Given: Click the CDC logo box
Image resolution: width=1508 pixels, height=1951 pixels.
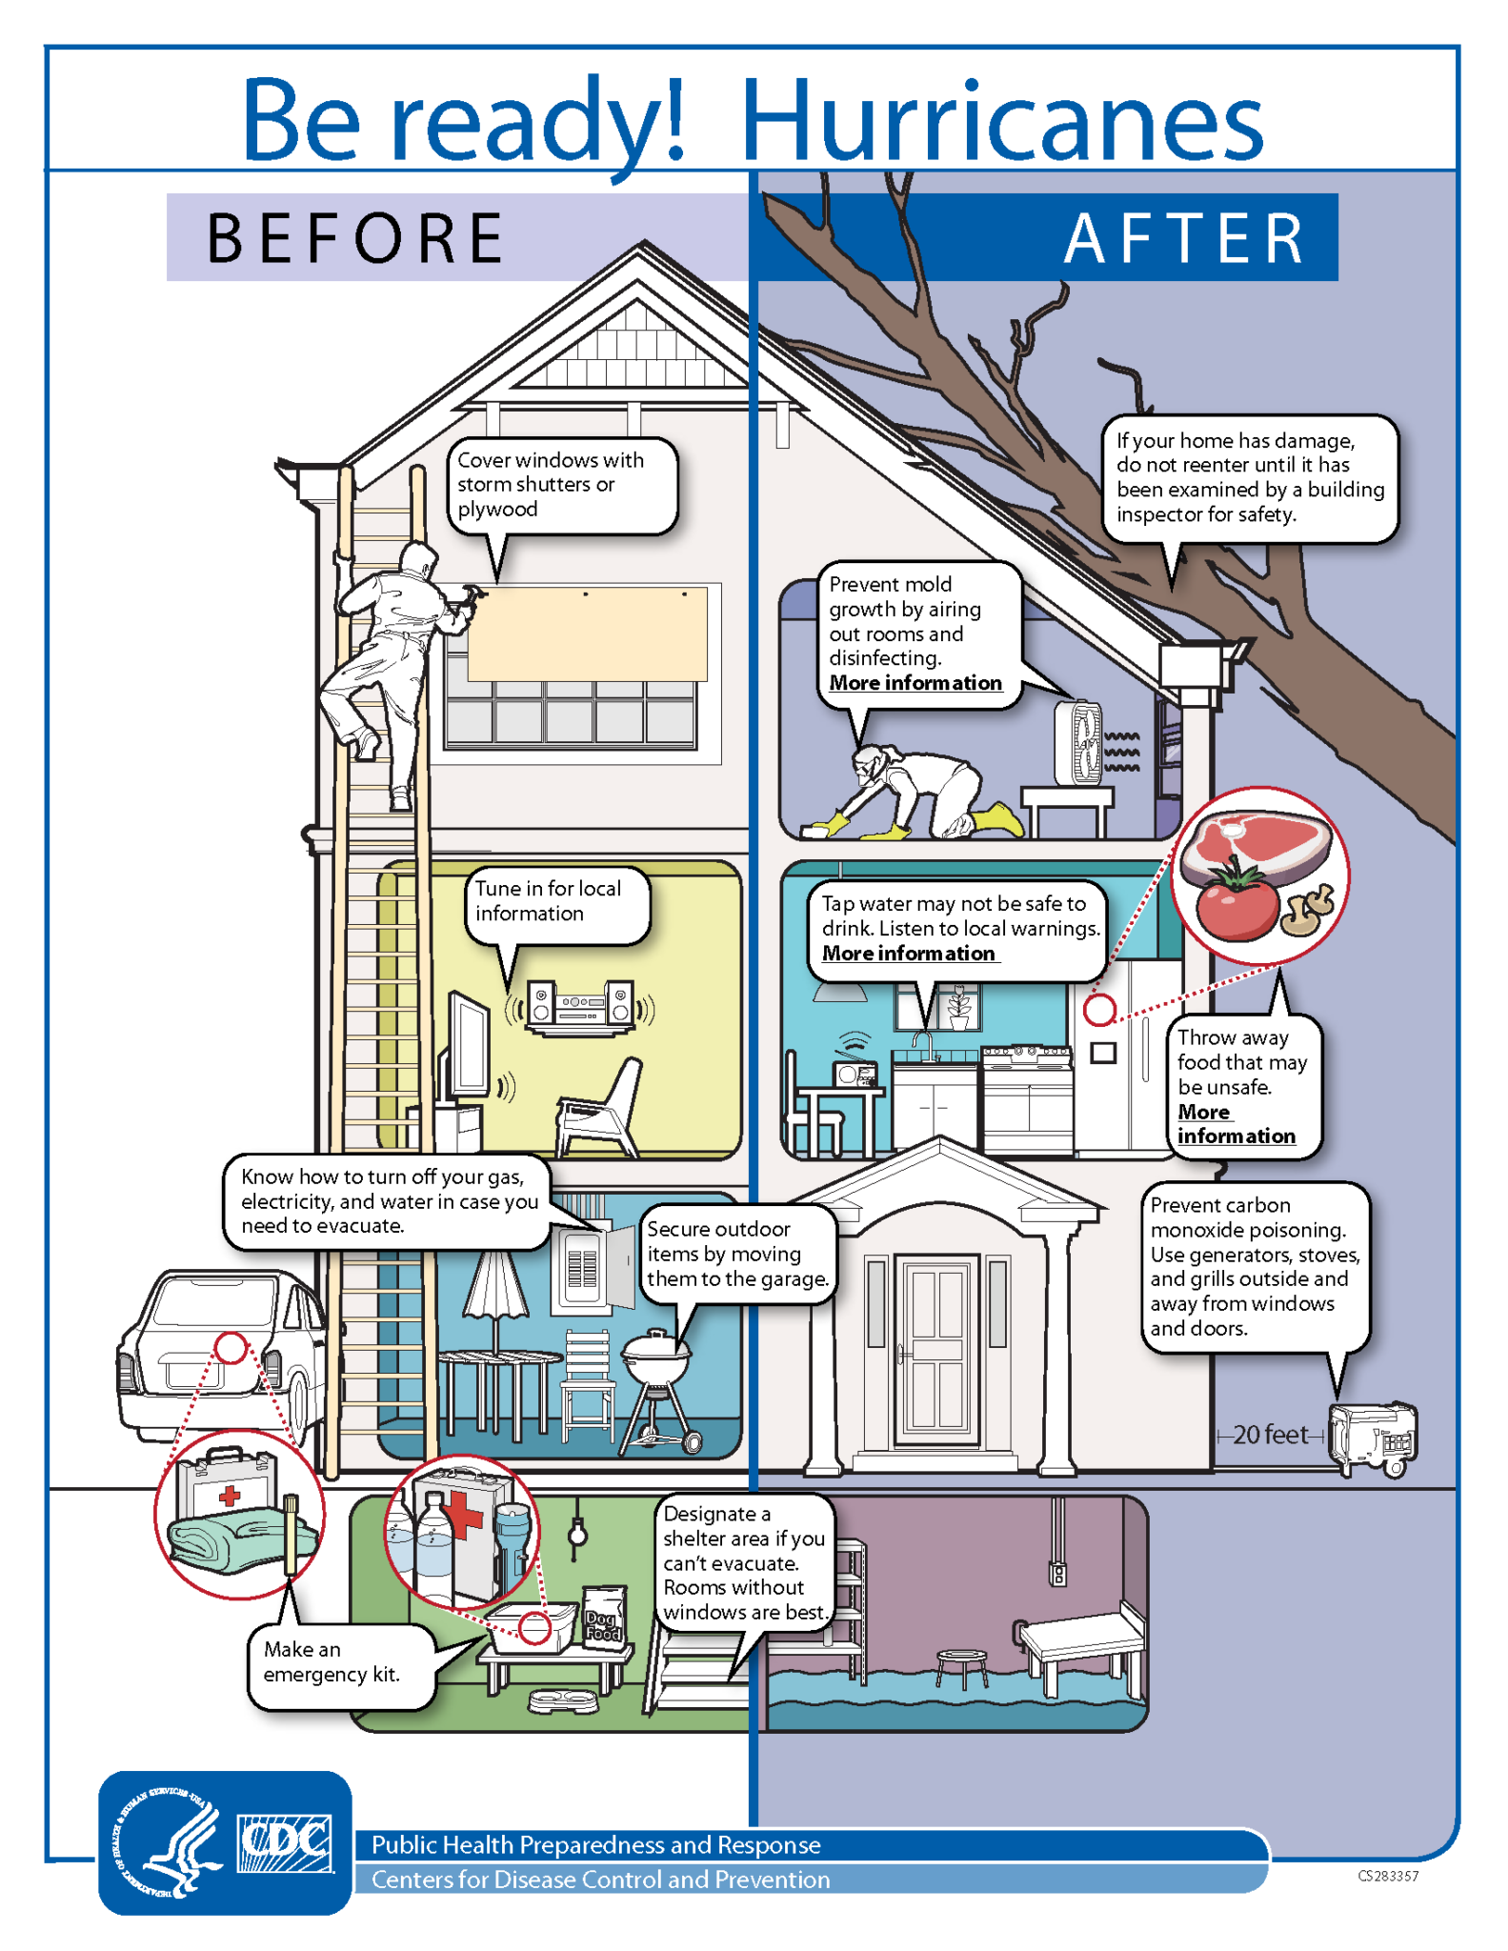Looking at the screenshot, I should (286, 1844).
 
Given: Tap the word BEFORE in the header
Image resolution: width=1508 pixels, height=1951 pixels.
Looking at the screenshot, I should (355, 238).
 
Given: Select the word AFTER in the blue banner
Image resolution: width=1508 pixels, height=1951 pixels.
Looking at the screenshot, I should (1184, 238).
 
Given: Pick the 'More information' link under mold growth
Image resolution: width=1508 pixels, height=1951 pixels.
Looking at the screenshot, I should (915, 683).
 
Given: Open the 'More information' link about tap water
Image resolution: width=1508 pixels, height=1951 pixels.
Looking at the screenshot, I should (908, 954).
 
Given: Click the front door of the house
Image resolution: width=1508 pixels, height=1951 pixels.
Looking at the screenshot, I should (937, 1348).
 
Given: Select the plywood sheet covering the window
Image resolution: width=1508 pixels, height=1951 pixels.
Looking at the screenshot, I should (588, 634).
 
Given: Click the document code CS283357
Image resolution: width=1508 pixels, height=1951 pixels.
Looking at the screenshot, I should (1387, 1876).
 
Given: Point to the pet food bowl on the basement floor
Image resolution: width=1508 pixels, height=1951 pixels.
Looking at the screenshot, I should (562, 1698).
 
